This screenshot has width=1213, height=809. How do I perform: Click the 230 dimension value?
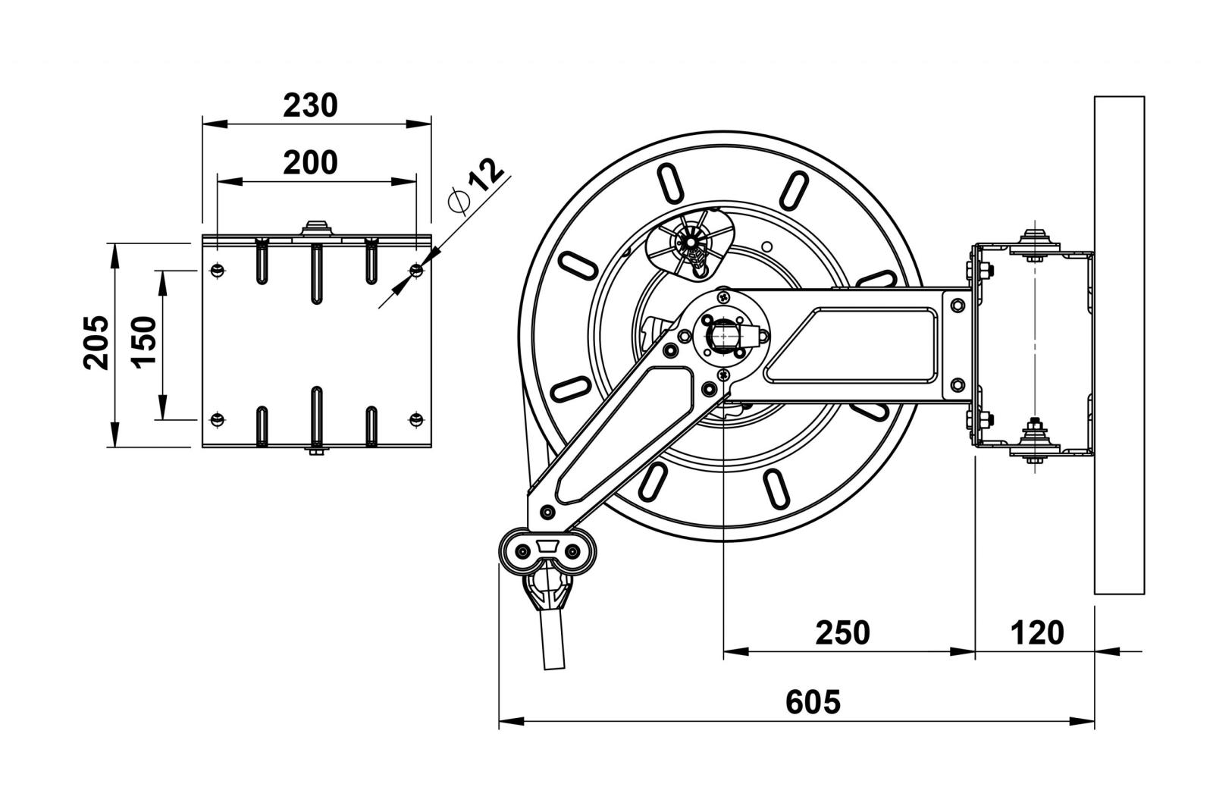tap(310, 105)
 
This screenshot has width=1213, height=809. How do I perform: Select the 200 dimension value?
tap(310, 162)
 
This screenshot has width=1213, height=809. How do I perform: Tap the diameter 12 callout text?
tap(475, 186)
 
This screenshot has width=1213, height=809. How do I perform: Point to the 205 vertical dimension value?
tap(96, 342)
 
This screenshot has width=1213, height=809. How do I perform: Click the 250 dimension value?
tap(842, 632)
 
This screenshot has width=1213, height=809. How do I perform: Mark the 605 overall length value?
tap(813, 702)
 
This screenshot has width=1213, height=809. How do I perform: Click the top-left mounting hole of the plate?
tap(217, 269)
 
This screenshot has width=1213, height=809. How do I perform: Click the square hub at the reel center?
tap(722, 334)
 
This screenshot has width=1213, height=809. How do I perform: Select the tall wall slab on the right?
tap(1119, 345)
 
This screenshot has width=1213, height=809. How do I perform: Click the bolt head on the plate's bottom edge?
tap(316, 453)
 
